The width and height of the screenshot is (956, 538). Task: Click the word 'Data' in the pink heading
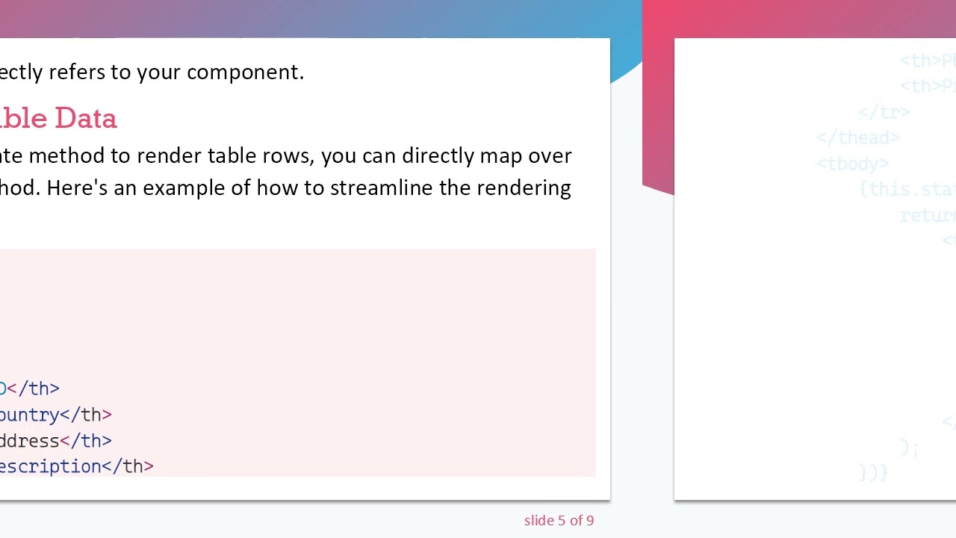[x=85, y=118]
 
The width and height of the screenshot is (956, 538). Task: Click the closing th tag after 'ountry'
[x=86, y=415]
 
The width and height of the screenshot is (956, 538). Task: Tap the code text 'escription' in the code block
[x=50, y=467]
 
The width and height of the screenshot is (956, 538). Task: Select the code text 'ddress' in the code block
[x=29, y=441]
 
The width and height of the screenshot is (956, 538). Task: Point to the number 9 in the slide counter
[x=590, y=521]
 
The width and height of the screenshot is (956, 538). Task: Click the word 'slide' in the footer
[x=539, y=521]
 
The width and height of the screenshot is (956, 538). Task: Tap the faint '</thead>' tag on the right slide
[x=857, y=138]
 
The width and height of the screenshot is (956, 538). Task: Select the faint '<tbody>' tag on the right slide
[x=852, y=164]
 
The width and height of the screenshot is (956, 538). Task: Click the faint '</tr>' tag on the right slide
[x=884, y=112]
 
